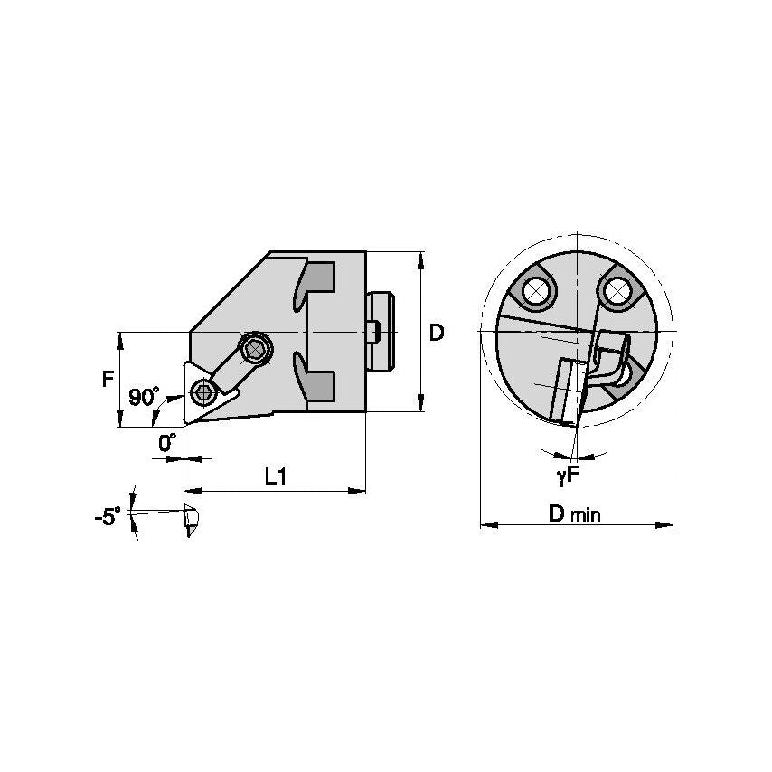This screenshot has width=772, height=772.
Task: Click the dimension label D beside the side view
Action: pos(437,333)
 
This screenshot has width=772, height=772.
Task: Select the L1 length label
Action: pos(276,476)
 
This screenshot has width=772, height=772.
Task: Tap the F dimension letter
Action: pos(108,378)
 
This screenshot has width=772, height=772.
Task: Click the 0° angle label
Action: pos(167,443)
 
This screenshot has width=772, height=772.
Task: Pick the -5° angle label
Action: pos(108,517)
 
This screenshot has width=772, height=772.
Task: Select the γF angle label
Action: pos(568,473)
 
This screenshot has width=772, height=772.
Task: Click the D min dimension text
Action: pos(575,513)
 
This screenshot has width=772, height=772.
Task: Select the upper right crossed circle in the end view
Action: pos(617,289)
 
